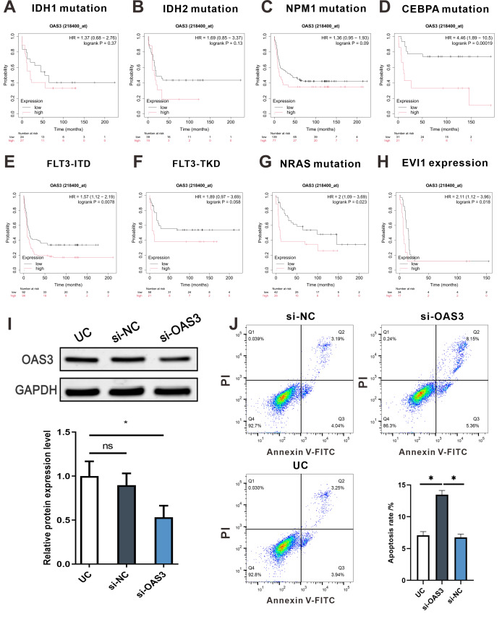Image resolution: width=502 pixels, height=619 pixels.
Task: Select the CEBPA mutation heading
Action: tap(449, 11)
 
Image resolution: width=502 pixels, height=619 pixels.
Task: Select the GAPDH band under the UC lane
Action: tap(84, 391)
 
